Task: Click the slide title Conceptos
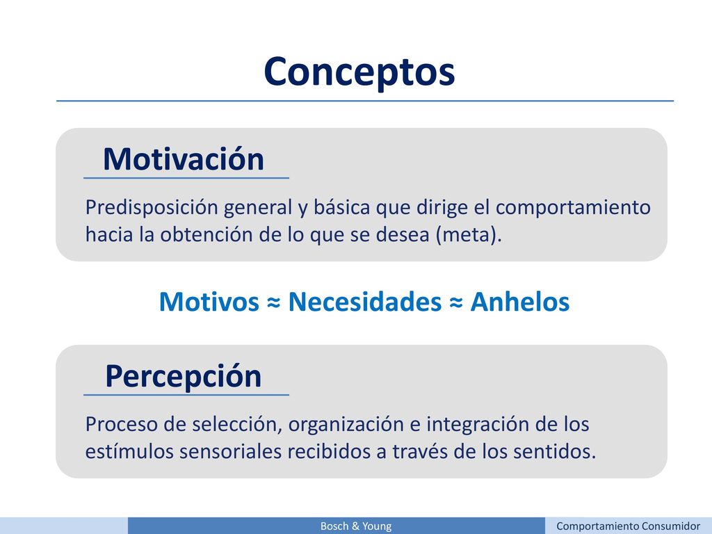coord(359,72)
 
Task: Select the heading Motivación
coord(184,159)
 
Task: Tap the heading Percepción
coord(184,377)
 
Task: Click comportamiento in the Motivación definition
coord(573,208)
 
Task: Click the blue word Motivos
coord(209,302)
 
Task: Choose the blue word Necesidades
coord(364,302)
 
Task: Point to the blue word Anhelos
coord(520,302)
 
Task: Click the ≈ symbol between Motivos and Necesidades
coord(274,302)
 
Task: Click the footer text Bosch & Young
coord(356,526)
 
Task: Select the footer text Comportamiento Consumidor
coord(628,526)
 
